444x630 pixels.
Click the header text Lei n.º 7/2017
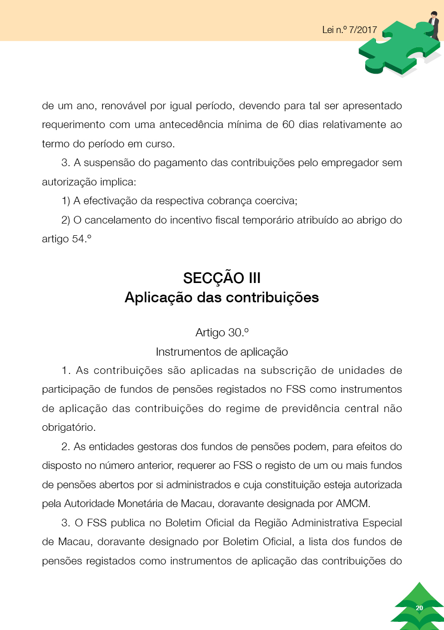(x=350, y=29)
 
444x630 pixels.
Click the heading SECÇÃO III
(x=222, y=278)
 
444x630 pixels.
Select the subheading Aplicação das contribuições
(x=222, y=297)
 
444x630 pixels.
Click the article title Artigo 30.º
(x=222, y=333)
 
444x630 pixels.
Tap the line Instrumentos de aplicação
(x=222, y=352)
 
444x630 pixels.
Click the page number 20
(x=419, y=608)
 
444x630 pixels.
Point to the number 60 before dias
(x=288, y=125)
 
